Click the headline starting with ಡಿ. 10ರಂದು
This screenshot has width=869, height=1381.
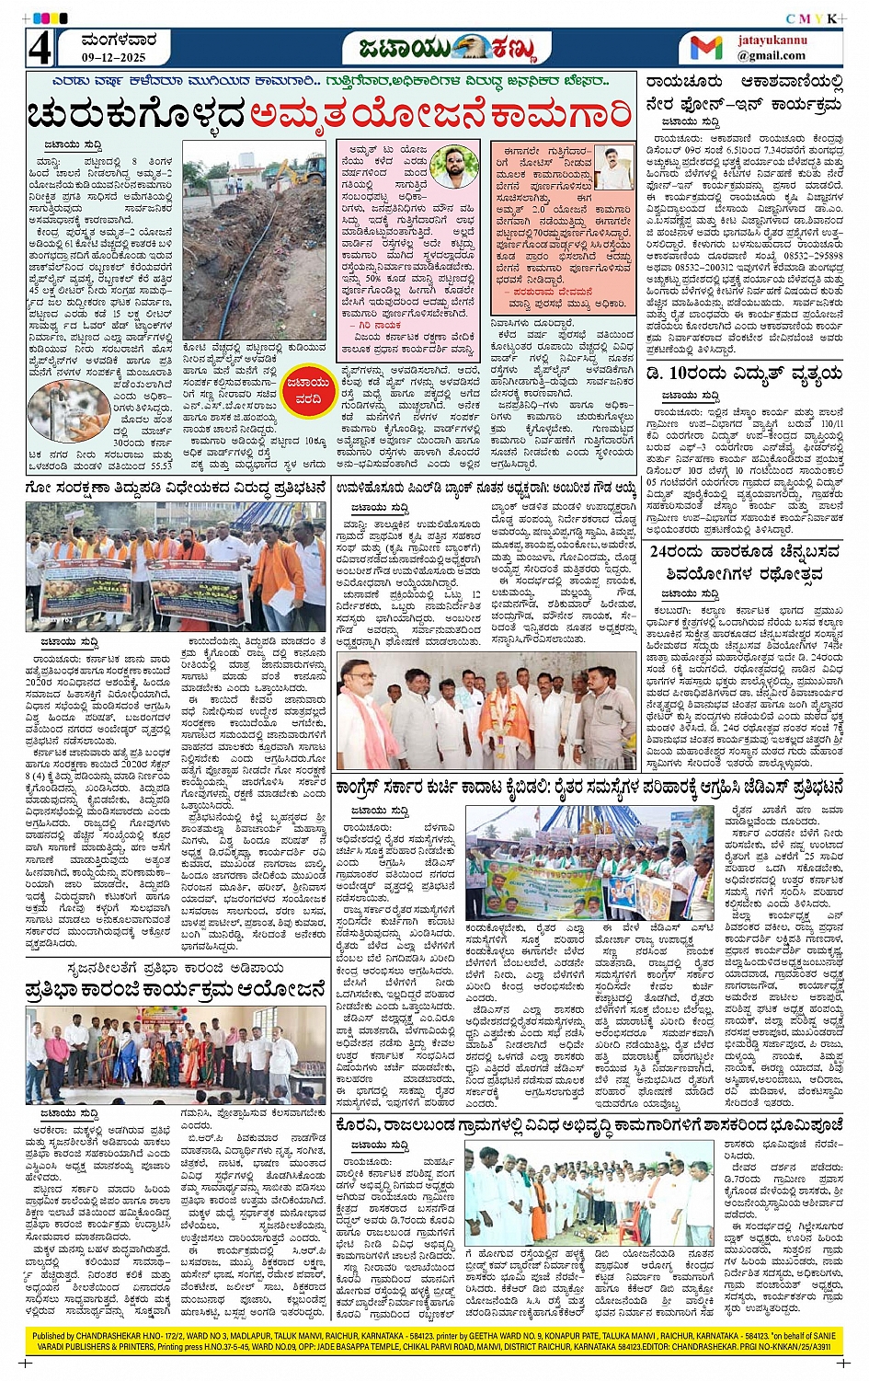pyautogui.click(x=744, y=373)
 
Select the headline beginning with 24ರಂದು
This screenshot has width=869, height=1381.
pyautogui.click(x=744, y=561)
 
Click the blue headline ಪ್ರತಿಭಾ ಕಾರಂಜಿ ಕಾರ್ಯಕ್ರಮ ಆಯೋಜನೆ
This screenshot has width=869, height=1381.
pyautogui.click(x=176, y=991)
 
